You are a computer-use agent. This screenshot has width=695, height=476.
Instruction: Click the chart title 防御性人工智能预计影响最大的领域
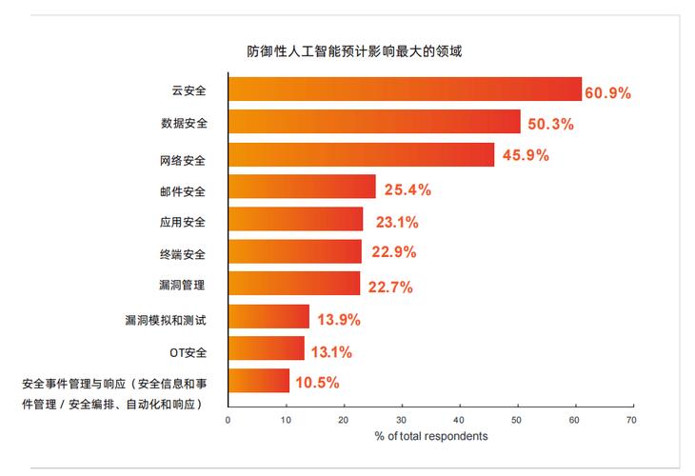point(347,51)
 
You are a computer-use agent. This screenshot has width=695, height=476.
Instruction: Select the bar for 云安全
point(405,89)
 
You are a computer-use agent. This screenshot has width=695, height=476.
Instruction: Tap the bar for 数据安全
point(374,122)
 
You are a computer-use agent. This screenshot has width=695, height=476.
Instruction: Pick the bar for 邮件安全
point(302,188)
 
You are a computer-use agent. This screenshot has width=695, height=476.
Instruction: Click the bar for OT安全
point(267,348)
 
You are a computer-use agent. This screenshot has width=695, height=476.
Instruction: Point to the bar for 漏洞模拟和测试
point(268,316)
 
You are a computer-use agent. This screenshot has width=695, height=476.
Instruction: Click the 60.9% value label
point(608,92)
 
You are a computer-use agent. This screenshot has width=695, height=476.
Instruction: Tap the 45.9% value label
point(526,155)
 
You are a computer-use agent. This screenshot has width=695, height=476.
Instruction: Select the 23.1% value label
point(394,223)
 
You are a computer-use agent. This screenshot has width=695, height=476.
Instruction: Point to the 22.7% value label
point(391,287)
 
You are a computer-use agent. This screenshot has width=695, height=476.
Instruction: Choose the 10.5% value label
point(316,383)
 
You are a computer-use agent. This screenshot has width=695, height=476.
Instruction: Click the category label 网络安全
point(184,157)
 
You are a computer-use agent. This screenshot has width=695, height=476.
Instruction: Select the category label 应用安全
point(184,222)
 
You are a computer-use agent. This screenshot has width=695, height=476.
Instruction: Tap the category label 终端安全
point(184,254)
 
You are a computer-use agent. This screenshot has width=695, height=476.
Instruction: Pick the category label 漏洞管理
point(184,286)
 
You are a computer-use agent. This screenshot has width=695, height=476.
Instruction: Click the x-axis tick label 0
point(228,418)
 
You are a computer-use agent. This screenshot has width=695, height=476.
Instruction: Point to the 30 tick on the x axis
point(402,418)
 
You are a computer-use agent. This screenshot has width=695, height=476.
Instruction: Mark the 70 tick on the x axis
point(632,418)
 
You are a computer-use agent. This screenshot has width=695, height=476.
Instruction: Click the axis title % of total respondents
point(430,436)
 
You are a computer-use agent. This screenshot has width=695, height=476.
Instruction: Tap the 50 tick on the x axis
point(517,418)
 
